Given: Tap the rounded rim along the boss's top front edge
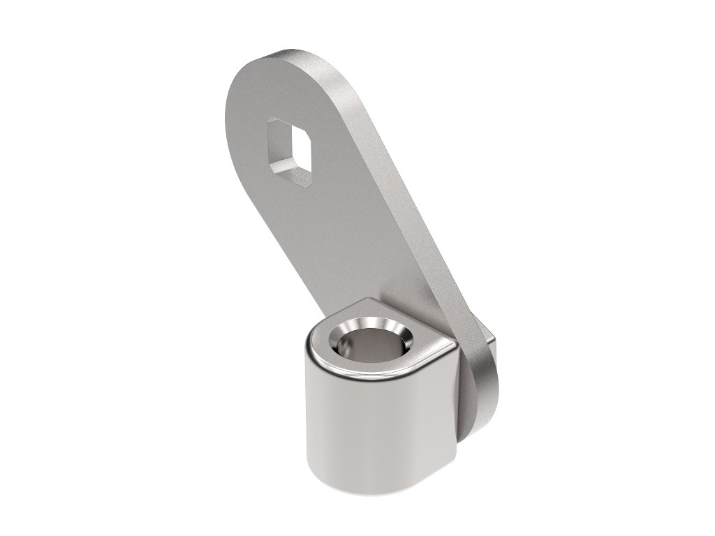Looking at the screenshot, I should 363,378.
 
